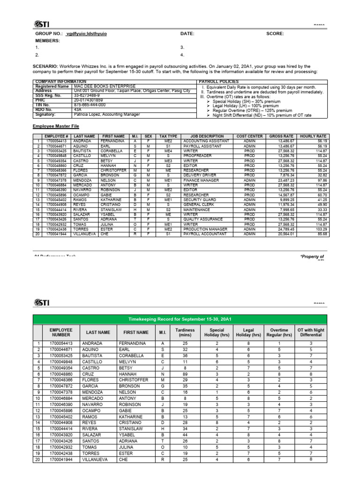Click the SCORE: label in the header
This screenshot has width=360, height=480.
coord(276,34)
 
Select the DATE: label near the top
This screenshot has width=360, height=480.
coord(187,34)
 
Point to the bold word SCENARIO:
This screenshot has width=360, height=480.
coord(45,67)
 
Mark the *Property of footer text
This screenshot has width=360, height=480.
coord(312,257)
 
